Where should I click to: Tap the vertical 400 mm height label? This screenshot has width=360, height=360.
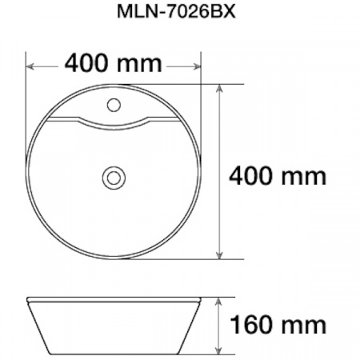click(278, 174)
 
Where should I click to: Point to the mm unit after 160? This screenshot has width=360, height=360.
click(306, 325)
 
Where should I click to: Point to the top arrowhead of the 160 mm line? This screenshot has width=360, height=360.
click(220, 300)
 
